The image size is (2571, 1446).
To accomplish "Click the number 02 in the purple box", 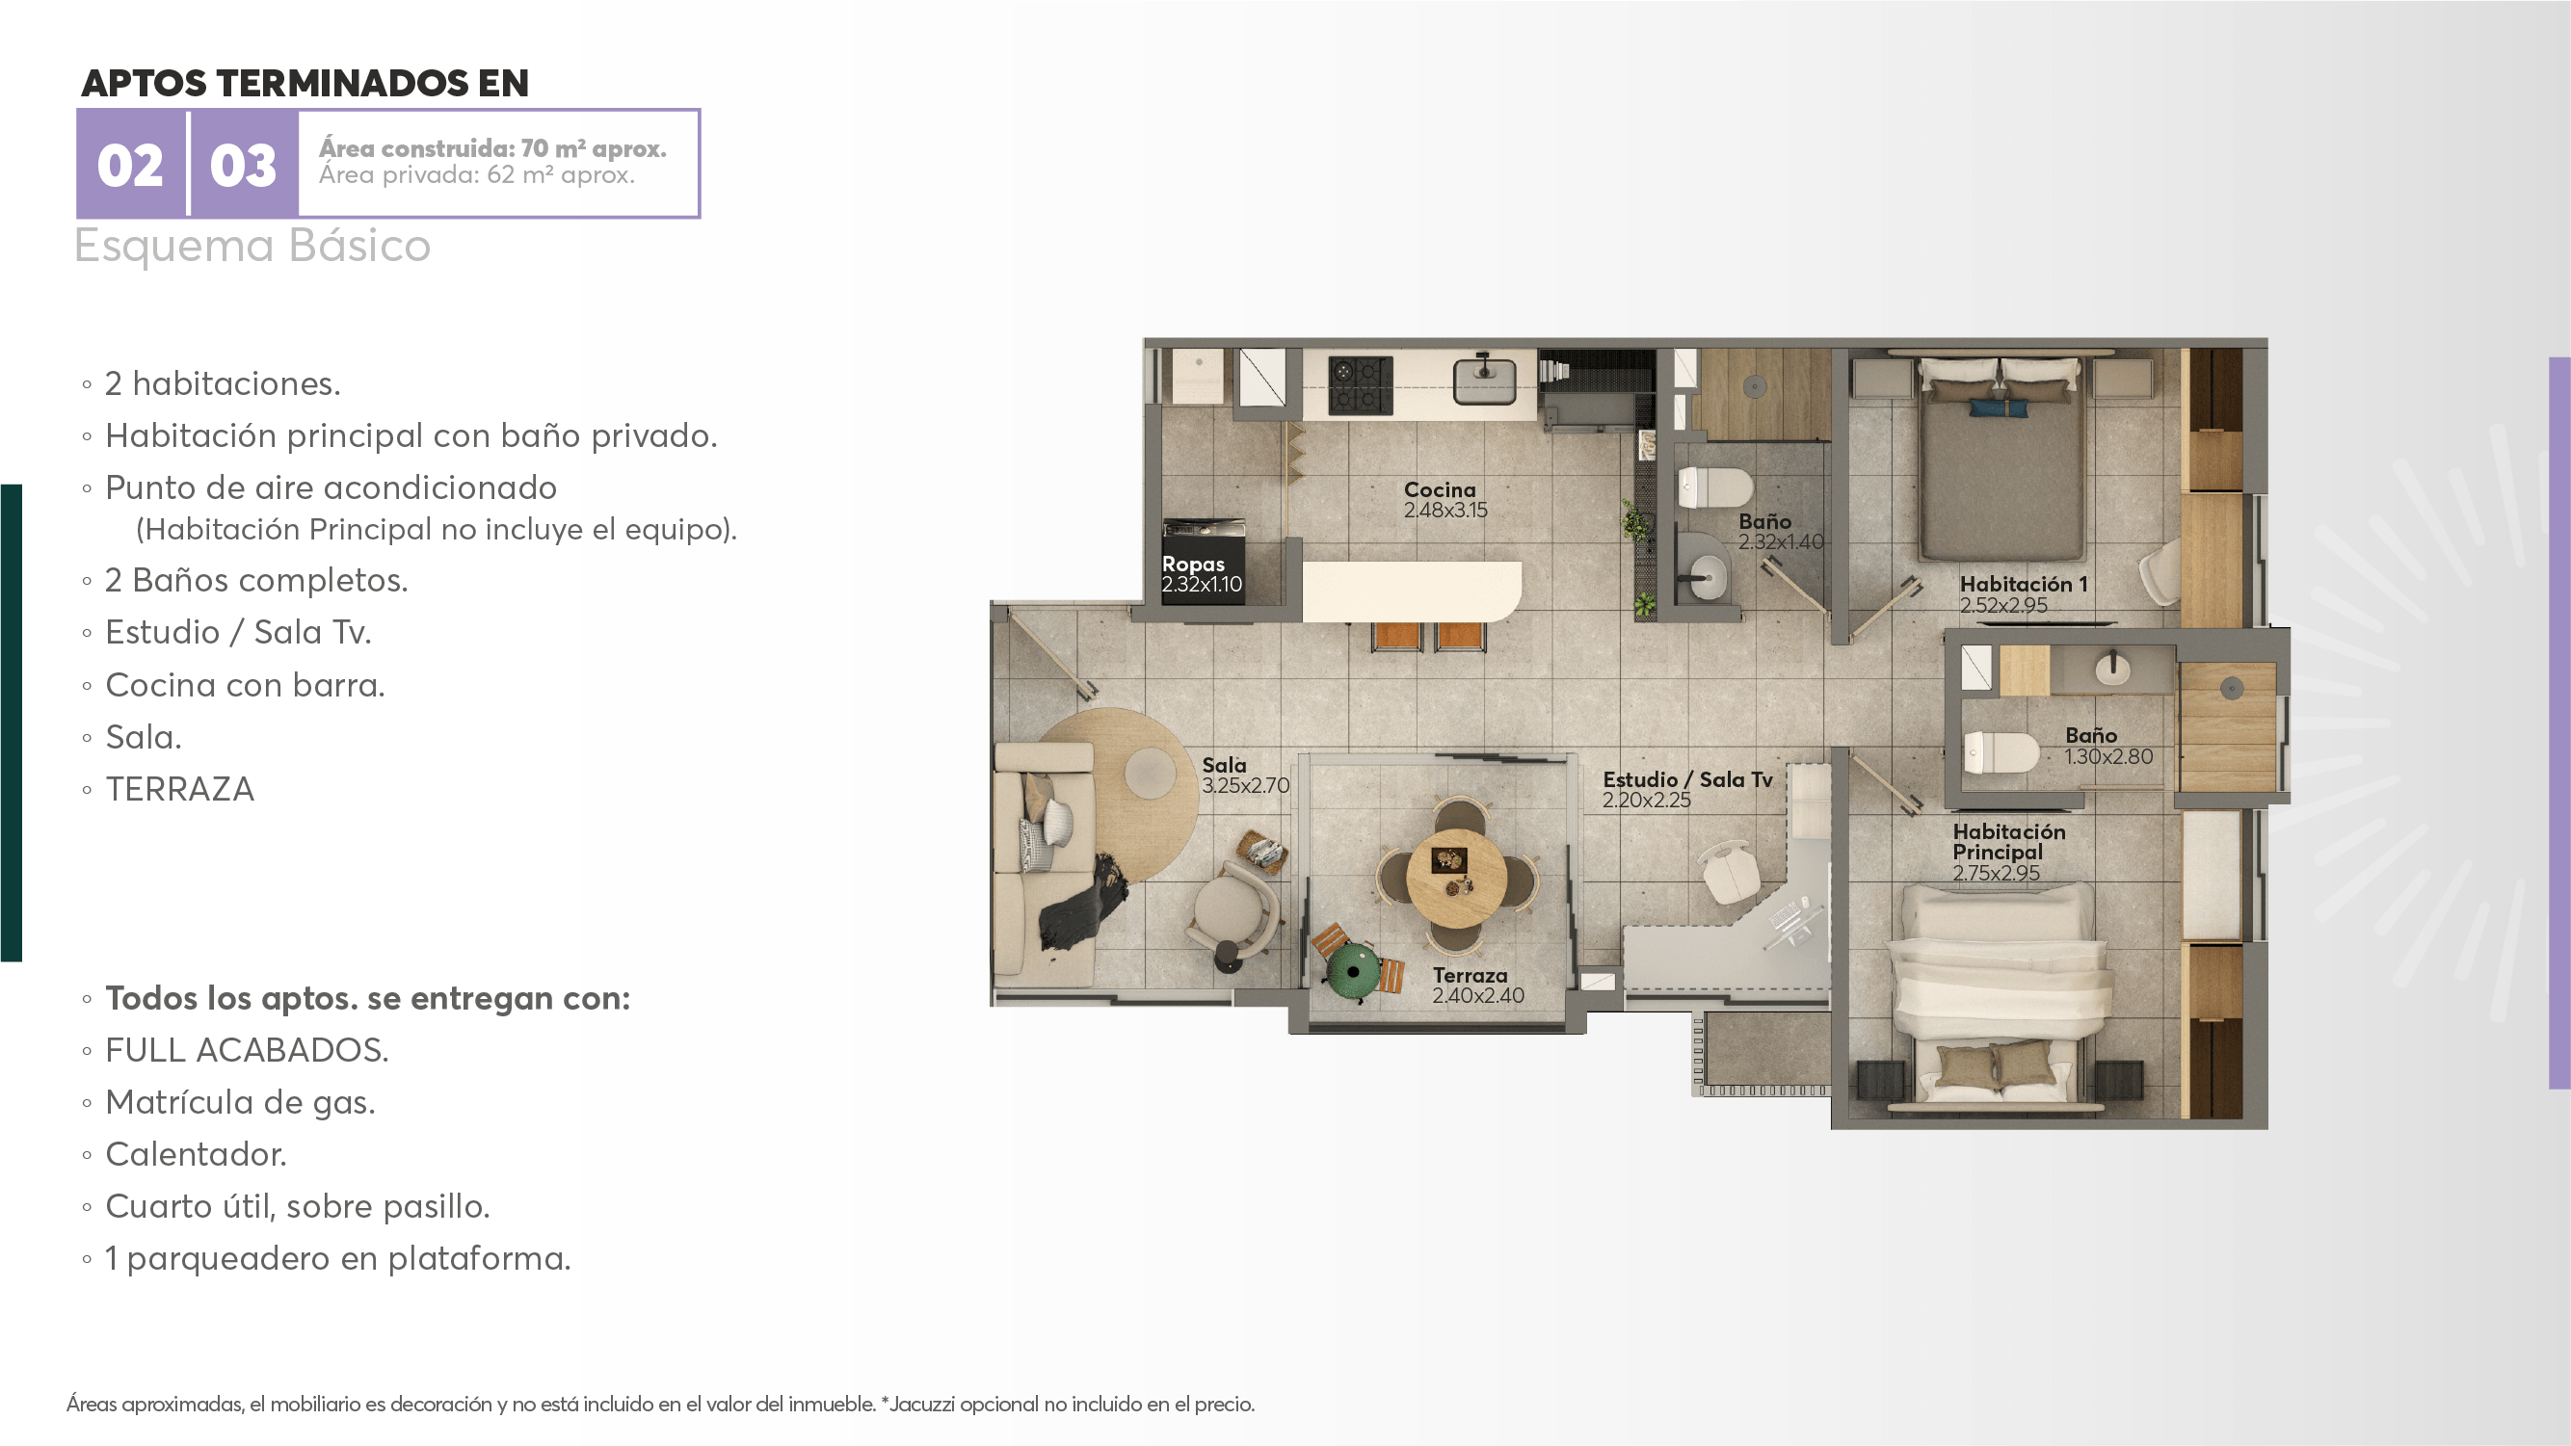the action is [x=130, y=166].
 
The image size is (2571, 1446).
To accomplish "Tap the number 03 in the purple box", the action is [x=243, y=166].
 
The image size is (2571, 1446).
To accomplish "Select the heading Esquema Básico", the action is [x=252, y=246].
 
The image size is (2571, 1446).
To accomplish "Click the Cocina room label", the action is [x=1440, y=489].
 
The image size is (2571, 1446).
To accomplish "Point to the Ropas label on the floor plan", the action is [x=1193, y=564].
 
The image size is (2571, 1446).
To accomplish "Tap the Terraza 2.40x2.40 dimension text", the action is [x=1478, y=995].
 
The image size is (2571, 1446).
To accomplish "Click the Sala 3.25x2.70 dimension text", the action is [x=1246, y=785].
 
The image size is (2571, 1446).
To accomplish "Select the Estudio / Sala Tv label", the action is [x=1687, y=779].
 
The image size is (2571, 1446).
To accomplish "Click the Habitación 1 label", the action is [x=2023, y=584].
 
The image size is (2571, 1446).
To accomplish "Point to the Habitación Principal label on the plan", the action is [x=2009, y=841].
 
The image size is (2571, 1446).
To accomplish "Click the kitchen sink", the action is [x=1484, y=381].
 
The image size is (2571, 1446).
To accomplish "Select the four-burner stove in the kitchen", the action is [x=1361, y=385].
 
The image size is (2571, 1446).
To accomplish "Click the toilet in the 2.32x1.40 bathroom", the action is [x=1714, y=488].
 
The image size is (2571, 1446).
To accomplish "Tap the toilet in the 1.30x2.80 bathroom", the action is [x=2001, y=752].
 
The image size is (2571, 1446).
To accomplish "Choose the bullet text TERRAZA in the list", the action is [x=179, y=789].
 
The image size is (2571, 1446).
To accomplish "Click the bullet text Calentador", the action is [x=196, y=1155].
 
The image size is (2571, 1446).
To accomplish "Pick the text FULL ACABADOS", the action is [x=247, y=1050].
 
